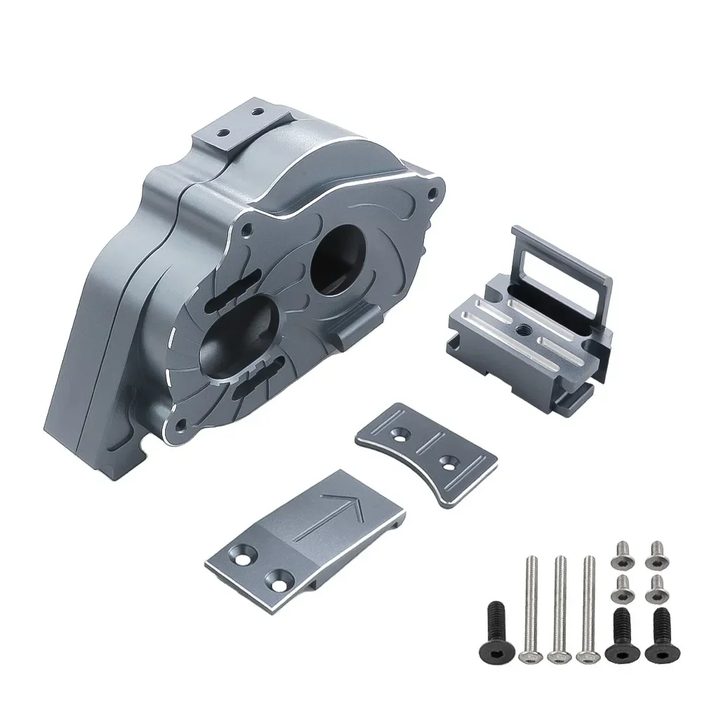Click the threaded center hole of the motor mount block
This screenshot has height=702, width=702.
tap(523, 325)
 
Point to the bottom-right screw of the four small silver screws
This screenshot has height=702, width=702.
tap(655, 588)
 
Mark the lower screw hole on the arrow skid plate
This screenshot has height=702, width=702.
tap(274, 581)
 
